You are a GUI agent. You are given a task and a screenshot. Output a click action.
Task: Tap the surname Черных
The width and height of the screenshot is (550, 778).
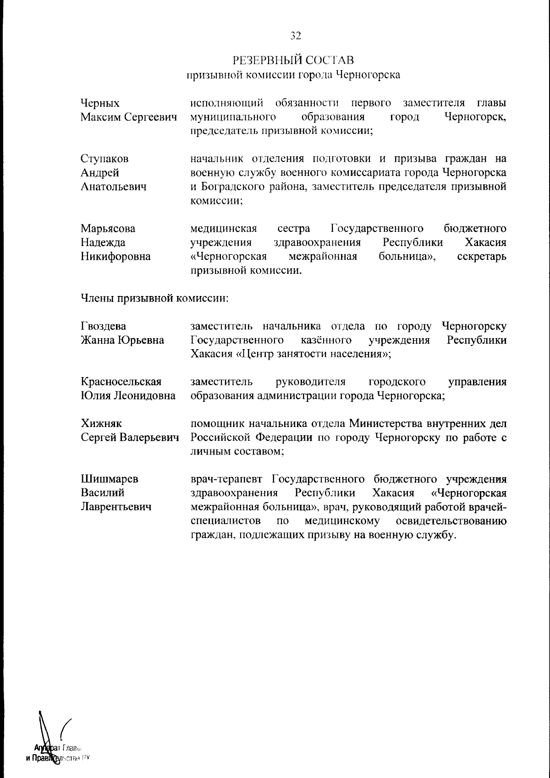click(x=100, y=103)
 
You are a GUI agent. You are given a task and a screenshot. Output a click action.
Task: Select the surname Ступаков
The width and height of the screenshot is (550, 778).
click(x=104, y=159)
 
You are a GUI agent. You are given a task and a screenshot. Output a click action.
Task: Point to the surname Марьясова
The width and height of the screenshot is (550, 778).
click(x=108, y=228)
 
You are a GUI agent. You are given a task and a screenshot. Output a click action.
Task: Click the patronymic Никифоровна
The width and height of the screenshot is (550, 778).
click(x=115, y=257)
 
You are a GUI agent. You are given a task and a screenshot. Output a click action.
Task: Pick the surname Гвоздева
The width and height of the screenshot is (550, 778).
click(x=104, y=326)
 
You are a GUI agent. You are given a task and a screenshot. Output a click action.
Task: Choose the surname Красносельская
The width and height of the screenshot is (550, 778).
click(x=121, y=382)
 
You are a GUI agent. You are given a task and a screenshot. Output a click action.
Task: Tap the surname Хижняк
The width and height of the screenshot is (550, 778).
click(x=101, y=423)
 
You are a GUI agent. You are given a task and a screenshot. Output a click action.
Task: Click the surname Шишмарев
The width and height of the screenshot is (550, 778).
click(x=110, y=479)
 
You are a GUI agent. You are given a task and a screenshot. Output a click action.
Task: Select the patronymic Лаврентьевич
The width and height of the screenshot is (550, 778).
click(x=116, y=507)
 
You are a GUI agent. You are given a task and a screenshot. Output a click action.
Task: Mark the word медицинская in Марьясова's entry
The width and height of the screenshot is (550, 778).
click(x=223, y=228)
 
